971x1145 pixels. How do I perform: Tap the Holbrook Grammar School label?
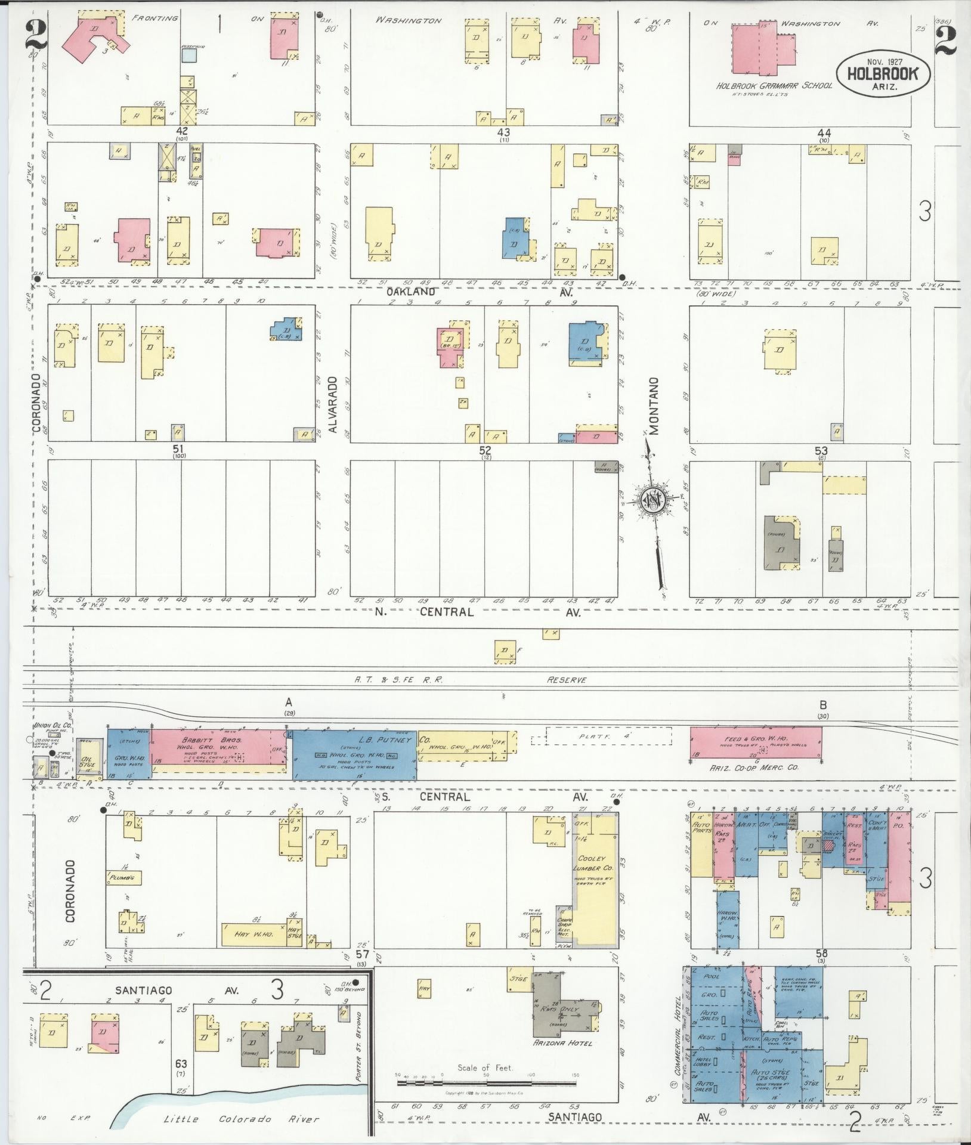point(774,86)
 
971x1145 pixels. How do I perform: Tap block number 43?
point(504,132)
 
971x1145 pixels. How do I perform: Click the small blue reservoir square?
point(189,55)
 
